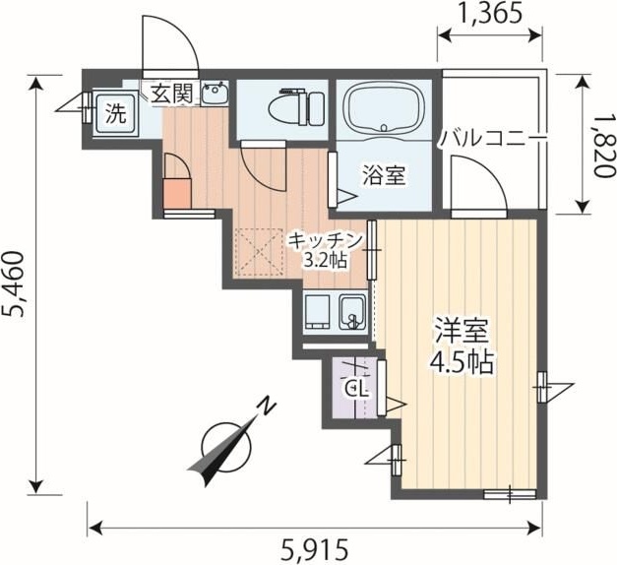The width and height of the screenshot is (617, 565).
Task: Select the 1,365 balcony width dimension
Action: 489,15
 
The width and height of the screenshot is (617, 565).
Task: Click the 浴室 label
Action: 384,176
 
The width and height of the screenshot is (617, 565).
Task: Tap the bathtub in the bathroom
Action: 384,110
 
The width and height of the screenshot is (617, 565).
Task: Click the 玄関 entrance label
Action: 172,95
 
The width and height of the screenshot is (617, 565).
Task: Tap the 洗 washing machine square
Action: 116,113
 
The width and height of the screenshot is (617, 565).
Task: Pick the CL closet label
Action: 356,387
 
